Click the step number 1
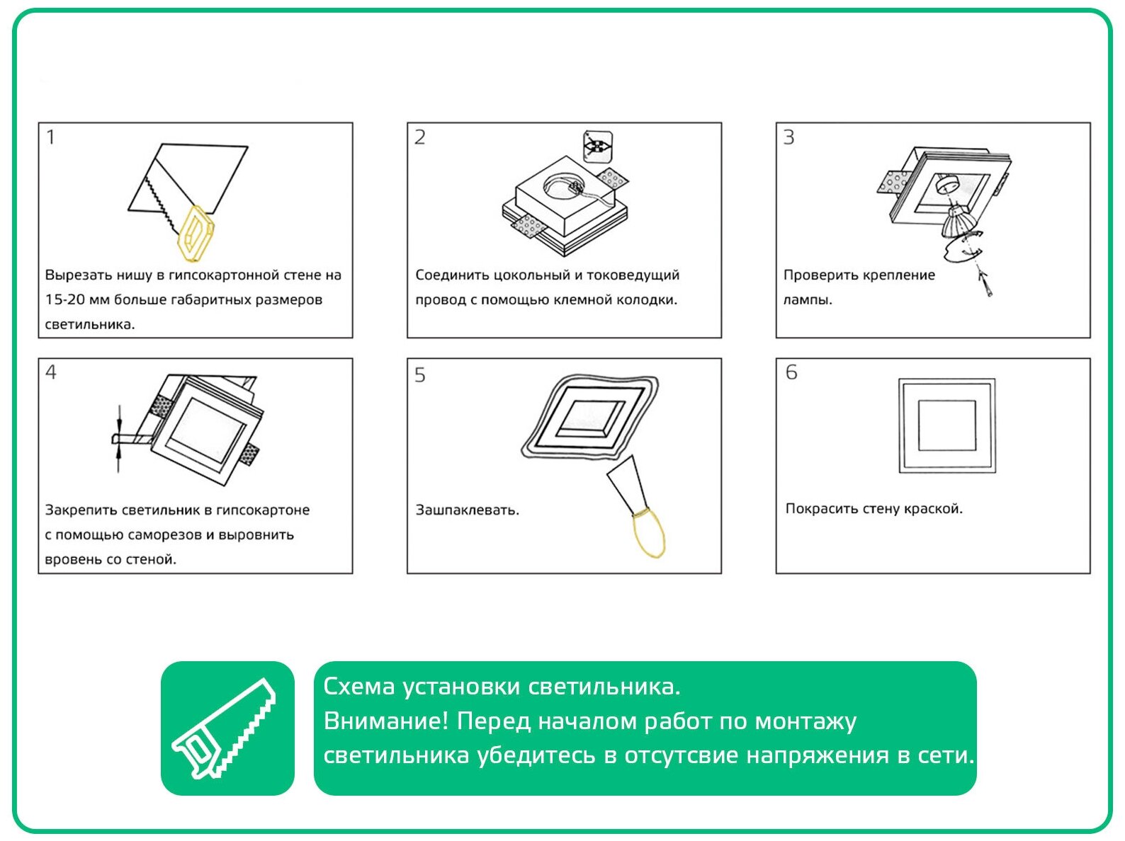pyautogui.click(x=50, y=137)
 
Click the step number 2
pyautogui.click(x=420, y=137)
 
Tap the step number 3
pyautogui.click(x=788, y=137)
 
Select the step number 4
pyautogui.click(x=51, y=372)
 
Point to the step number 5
pyautogui.click(x=420, y=375)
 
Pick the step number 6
pyautogui.click(x=791, y=372)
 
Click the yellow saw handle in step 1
pyautogui.click(x=196, y=233)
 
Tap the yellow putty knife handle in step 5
pyautogui.click(x=648, y=532)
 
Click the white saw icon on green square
pyautogui.click(x=224, y=728)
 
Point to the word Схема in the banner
pyautogui.click(x=358, y=687)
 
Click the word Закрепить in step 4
pyautogui.click(x=81, y=510)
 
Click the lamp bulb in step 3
pyautogui.click(x=957, y=222)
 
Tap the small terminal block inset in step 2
pyautogui.click(x=598, y=147)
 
